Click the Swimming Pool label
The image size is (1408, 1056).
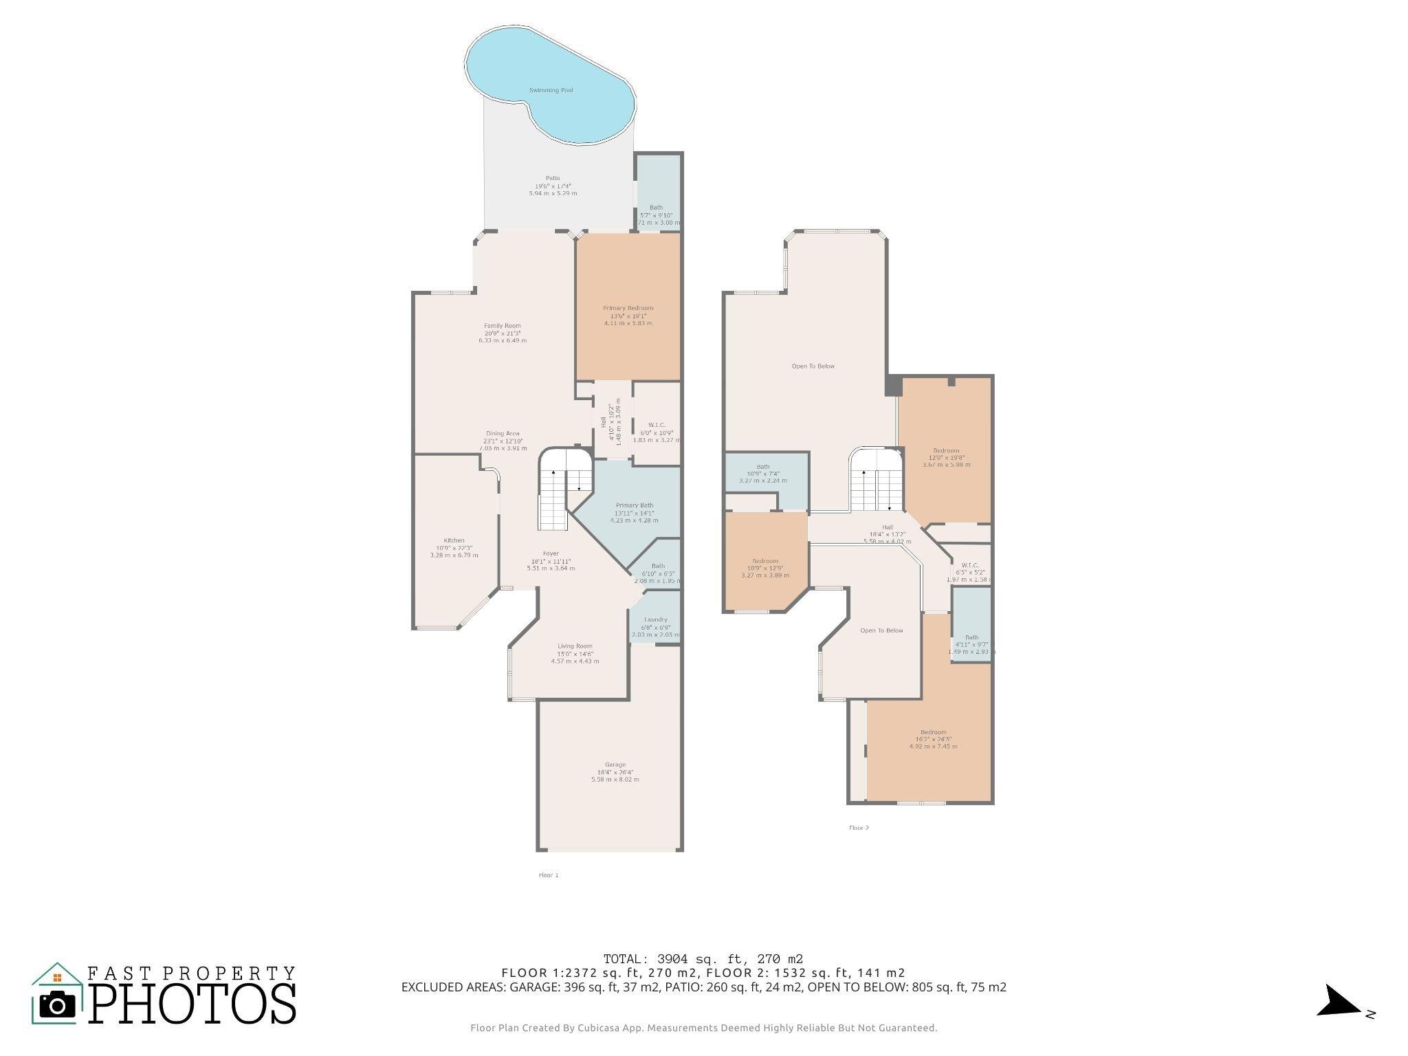tap(551, 90)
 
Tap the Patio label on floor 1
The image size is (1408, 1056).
tap(553, 178)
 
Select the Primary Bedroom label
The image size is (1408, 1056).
tap(628, 308)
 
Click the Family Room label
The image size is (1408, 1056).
tap(503, 326)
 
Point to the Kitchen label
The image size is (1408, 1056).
tap(454, 540)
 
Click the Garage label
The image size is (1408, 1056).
tap(615, 764)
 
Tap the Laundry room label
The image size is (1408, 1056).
tap(655, 619)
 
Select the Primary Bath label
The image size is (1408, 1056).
tap(634, 505)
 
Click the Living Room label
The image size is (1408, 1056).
tap(575, 646)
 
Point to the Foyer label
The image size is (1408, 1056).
tap(551, 553)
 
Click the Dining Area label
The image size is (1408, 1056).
tap(503, 434)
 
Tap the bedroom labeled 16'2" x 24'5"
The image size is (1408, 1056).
tap(933, 732)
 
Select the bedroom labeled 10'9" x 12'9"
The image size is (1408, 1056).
tap(765, 561)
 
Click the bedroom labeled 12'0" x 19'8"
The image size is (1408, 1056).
tap(946, 451)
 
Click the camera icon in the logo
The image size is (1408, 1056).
tap(58, 1005)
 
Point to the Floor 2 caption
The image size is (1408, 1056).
tap(859, 828)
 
